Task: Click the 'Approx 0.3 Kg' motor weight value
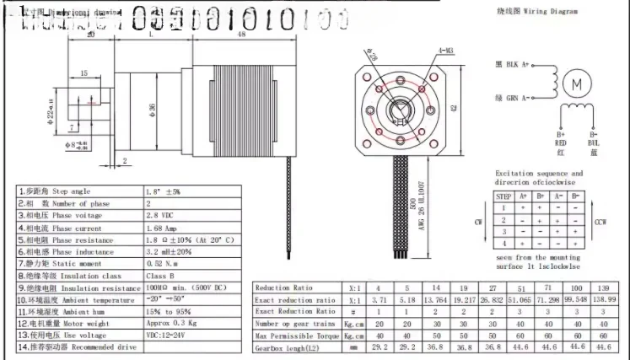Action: pos(171,323)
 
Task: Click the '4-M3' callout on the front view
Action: pos(445,52)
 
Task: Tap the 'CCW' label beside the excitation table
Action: pos(600,223)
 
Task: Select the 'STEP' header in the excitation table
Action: pos(504,195)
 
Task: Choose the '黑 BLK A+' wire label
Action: pos(512,64)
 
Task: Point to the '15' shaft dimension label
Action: pos(83,74)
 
